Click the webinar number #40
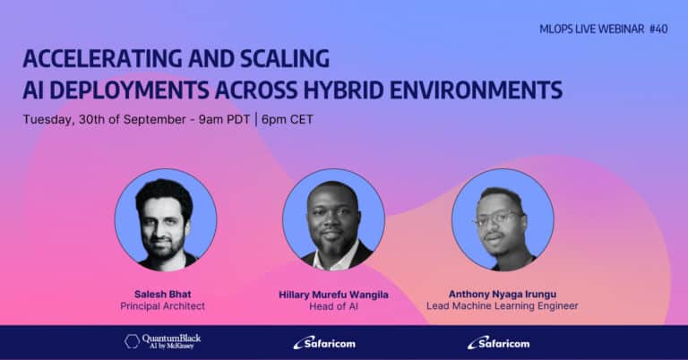coord(658,30)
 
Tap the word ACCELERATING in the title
coord(103,59)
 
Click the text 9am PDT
coord(224,119)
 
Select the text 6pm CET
coord(288,119)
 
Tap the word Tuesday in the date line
coord(48,120)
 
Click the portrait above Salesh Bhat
coord(166,219)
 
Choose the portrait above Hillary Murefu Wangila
coord(334,219)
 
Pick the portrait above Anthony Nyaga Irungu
coord(503,219)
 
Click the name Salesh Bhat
coord(163,295)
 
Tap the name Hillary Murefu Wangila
coord(334,295)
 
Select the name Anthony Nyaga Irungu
coord(503,295)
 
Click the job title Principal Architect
coord(163,306)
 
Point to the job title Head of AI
coord(334,306)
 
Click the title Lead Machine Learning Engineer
coord(503,306)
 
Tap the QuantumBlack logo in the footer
coord(163,341)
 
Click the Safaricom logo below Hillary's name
coord(324,343)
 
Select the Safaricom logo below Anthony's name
coord(498,343)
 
